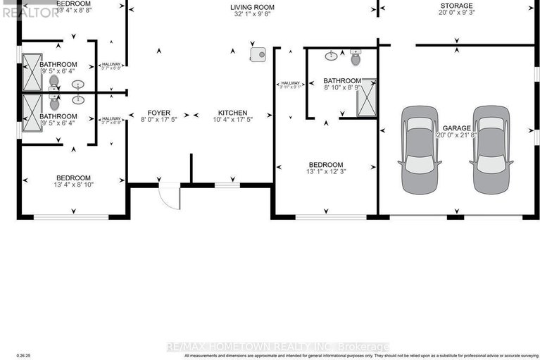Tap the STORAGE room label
click(x=456, y=6)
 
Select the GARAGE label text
click(x=456, y=127)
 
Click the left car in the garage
click(x=420, y=149)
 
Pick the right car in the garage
click(x=491, y=149)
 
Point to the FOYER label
click(x=159, y=113)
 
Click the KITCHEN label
click(x=232, y=113)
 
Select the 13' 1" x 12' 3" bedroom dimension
click(x=325, y=171)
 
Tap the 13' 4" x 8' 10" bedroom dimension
click(x=73, y=185)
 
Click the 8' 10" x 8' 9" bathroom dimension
click(x=342, y=89)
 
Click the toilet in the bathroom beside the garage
click(x=355, y=55)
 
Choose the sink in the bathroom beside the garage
click(x=331, y=55)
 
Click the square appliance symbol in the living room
click(x=258, y=54)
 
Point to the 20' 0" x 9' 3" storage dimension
click(x=456, y=14)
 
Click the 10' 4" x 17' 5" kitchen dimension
click(x=232, y=120)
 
